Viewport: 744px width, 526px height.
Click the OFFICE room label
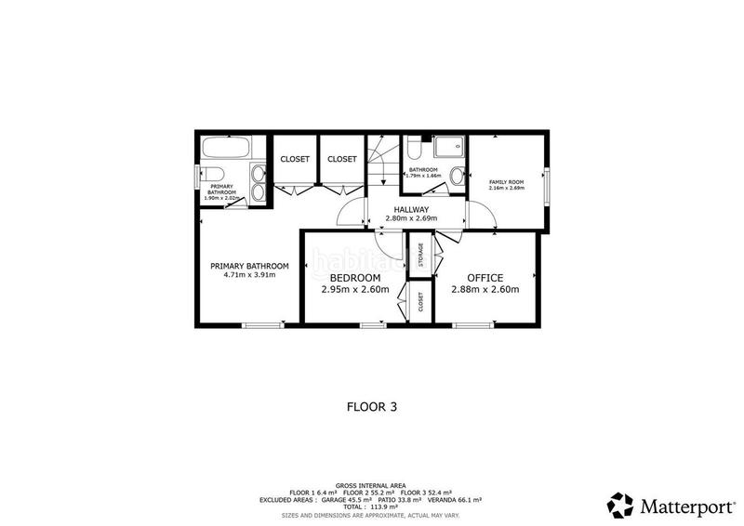(485, 278)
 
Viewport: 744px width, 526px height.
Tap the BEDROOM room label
(353, 278)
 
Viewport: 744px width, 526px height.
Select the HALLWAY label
(410, 210)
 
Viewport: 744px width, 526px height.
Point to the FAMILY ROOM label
(507, 182)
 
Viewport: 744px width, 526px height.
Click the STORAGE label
(421, 255)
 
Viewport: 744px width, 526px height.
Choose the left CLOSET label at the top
(295, 159)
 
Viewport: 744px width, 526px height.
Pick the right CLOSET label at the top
(341, 159)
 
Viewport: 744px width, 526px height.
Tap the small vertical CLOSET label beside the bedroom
(420, 302)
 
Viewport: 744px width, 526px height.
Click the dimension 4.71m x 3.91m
(249, 276)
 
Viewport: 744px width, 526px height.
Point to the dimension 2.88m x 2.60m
(485, 290)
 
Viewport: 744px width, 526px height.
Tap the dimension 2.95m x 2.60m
(353, 290)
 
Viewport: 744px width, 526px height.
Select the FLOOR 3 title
(372, 406)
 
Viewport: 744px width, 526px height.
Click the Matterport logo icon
(619, 506)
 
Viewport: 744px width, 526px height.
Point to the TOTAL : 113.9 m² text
(372, 506)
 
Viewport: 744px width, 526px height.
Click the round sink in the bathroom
(457, 176)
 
